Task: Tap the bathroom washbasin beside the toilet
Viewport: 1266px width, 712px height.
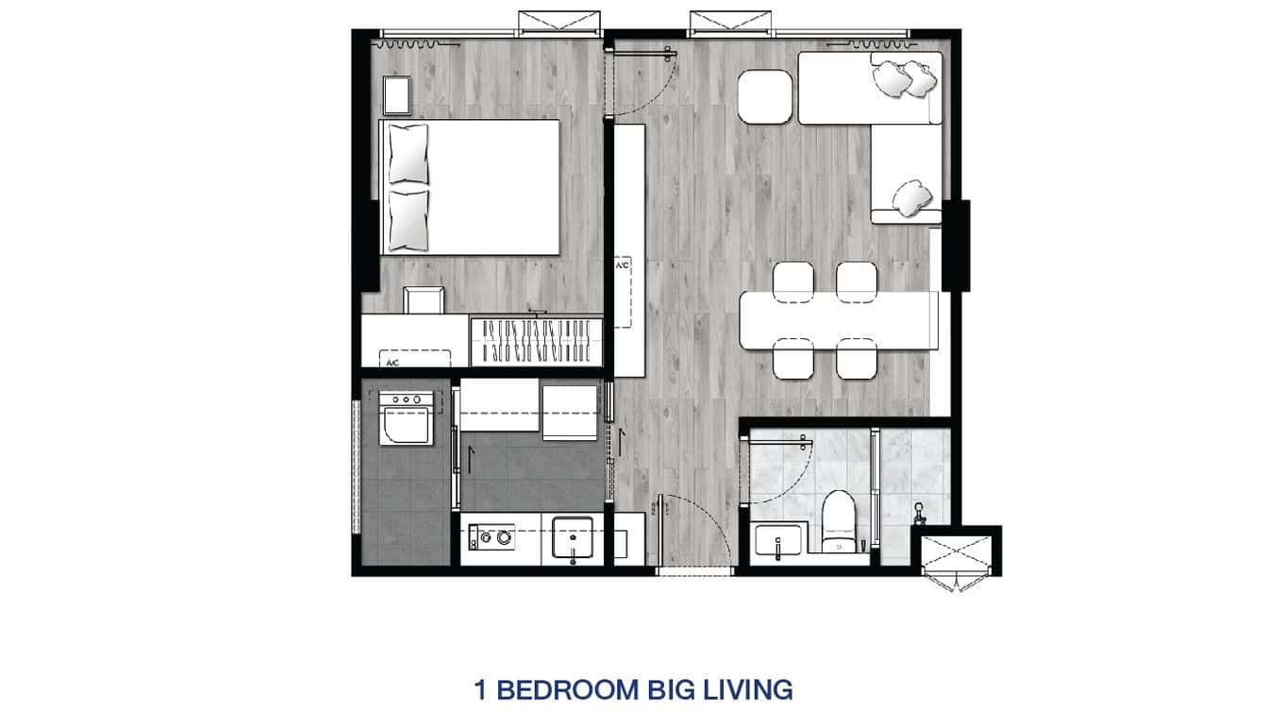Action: (x=778, y=541)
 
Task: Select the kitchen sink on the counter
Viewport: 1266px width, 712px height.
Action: (x=572, y=539)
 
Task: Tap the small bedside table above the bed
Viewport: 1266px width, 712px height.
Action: (x=397, y=95)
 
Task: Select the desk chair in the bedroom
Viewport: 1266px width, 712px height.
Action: (x=424, y=299)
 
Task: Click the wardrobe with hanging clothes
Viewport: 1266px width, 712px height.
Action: (x=536, y=340)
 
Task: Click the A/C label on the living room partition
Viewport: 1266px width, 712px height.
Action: (x=623, y=266)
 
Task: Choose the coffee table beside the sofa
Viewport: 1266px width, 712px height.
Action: (x=765, y=96)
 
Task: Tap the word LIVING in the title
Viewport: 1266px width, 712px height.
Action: (x=745, y=689)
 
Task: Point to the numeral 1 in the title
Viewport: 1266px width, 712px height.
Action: (x=480, y=689)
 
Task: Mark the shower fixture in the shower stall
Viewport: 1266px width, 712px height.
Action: (x=917, y=516)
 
